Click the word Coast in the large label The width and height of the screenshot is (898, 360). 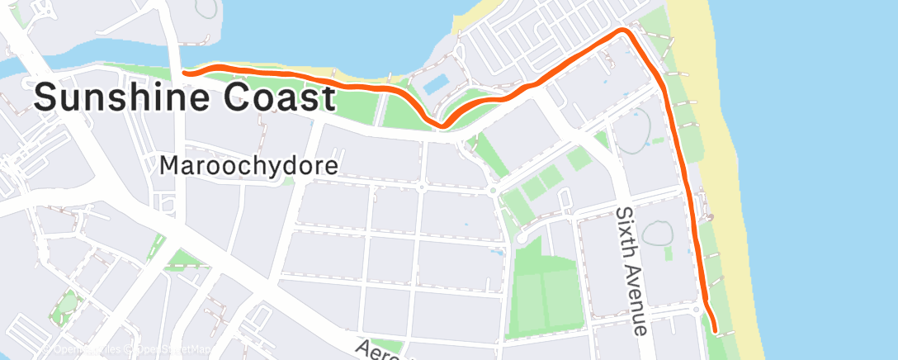coord(278,98)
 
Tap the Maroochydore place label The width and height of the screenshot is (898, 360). coord(248,166)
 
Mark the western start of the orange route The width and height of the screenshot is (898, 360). coord(184,73)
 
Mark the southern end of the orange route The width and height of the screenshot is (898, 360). coord(714,331)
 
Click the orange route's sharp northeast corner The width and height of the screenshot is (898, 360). coord(625,31)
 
